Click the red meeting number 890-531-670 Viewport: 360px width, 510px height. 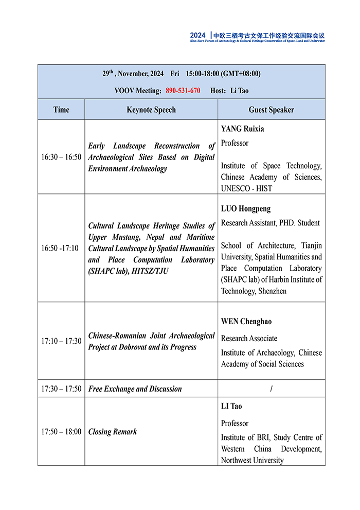(183, 91)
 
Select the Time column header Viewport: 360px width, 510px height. (61, 110)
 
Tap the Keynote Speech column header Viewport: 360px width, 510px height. (151, 110)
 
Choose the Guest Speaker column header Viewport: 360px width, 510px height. (271, 110)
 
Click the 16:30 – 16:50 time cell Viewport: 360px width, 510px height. (61, 157)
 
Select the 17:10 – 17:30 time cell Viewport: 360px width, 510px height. (61, 341)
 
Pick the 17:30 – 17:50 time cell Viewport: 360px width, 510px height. (61, 389)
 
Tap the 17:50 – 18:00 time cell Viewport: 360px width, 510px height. (61, 431)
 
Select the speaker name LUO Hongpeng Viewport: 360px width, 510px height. (246, 209)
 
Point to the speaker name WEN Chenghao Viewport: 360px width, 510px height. (246, 322)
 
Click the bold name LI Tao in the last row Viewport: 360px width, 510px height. (231, 406)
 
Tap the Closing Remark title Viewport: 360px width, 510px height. (113, 432)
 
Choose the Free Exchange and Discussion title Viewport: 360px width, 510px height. (135, 389)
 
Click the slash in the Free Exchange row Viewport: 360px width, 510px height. (271, 389)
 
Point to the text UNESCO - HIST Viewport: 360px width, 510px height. (247, 188)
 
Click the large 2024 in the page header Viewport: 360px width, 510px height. (197, 36)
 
